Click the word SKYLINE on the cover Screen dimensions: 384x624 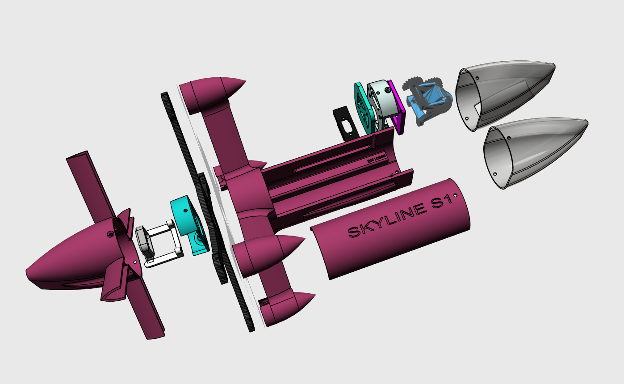click(x=384, y=222)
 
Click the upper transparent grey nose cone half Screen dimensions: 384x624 click(x=505, y=96)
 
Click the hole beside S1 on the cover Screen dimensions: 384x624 click(x=455, y=196)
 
